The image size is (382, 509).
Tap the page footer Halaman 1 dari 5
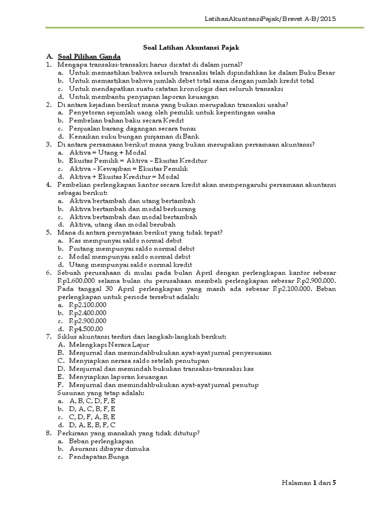pos(309,482)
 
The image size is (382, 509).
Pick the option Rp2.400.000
pos(88,313)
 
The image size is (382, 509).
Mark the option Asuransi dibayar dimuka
pos(109,448)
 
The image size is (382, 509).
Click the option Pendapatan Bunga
pos(99,456)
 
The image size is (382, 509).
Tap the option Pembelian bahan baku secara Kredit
pos(126,120)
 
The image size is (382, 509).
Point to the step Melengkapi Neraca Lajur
pos(109,344)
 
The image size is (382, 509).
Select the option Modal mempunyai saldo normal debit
pos(130,256)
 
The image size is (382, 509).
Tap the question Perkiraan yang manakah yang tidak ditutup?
pos(128,432)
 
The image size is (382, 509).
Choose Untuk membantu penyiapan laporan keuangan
pos(144,96)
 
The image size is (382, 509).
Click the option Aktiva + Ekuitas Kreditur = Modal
pos(124,176)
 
